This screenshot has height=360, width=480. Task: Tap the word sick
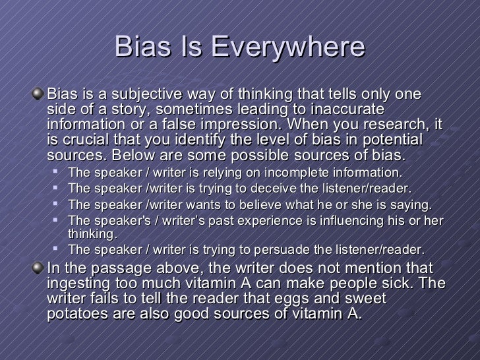tap(415, 283)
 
